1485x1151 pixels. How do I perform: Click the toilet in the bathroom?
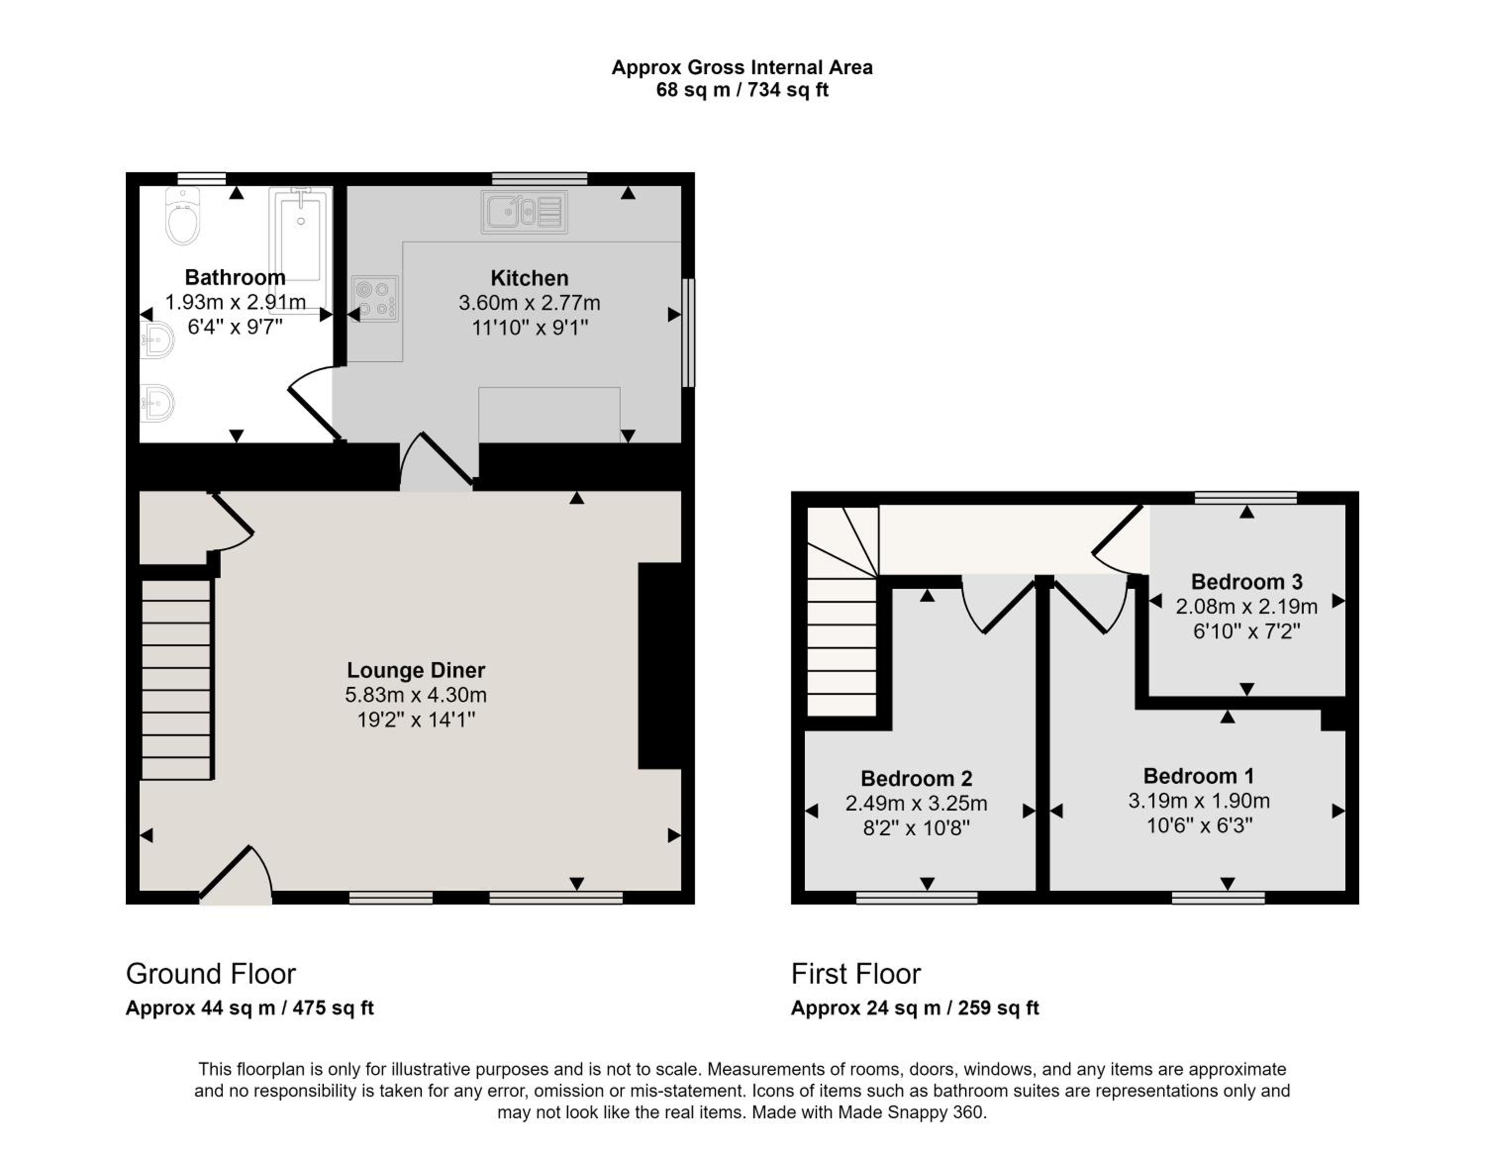click(183, 216)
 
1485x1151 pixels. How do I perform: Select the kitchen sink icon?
click(524, 211)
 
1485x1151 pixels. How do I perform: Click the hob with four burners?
click(375, 298)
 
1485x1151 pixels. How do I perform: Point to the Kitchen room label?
click(529, 278)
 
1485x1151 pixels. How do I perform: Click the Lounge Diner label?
click(416, 671)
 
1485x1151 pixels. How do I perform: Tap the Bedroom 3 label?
click(1246, 582)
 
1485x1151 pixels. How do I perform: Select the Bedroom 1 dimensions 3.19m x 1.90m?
click(1199, 801)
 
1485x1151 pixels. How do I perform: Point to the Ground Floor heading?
click(211, 974)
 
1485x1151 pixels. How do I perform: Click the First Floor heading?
click(855, 974)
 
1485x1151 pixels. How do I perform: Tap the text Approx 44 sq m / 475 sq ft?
click(249, 1007)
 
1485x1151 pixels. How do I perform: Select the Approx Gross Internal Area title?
click(742, 67)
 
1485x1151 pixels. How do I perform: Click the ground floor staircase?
click(176, 679)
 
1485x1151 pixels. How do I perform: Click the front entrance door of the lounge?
click(235, 874)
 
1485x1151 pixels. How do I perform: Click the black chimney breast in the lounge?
click(659, 666)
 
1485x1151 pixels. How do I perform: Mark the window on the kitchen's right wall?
click(688, 333)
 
